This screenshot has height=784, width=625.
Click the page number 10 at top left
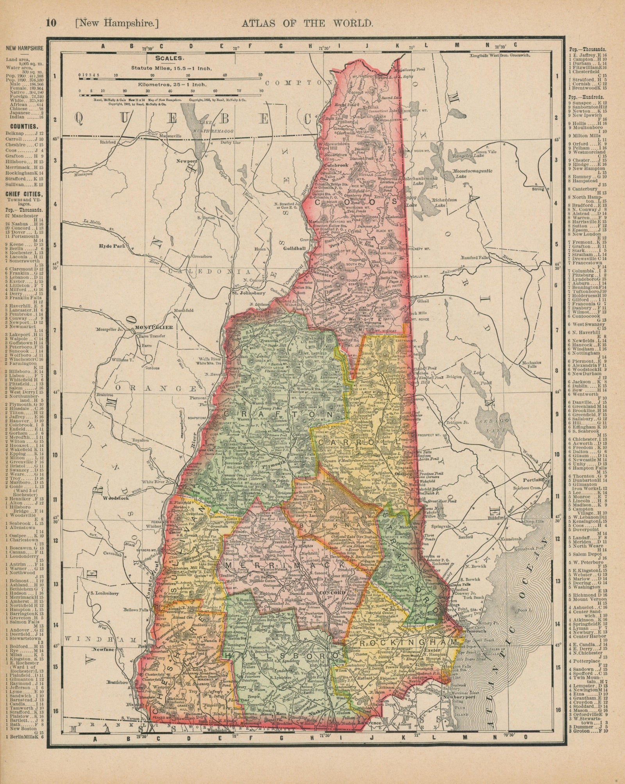click(51, 23)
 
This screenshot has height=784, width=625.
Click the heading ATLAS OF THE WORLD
click(307, 23)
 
